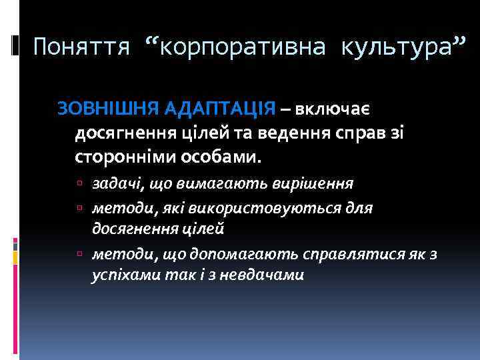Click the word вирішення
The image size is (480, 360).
[x=316, y=183]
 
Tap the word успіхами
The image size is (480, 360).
[x=120, y=275]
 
